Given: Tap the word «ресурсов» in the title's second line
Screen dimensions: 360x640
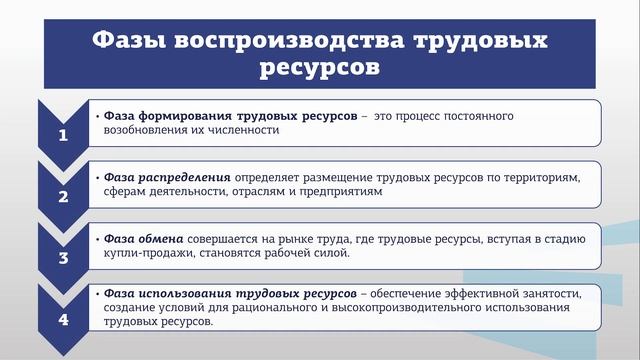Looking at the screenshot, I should point(319,69).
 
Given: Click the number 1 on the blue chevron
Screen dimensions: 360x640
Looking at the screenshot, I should point(63,136).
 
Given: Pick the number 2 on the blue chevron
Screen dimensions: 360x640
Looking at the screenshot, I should point(63,196).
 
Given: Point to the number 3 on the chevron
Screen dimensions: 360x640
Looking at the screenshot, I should point(63,257).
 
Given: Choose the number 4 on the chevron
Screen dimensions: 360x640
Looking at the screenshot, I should point(63,320).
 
